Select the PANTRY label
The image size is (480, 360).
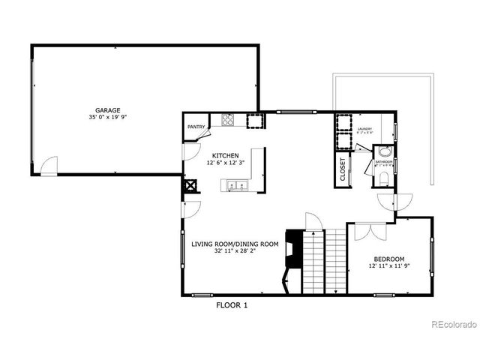196,127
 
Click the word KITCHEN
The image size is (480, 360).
226,155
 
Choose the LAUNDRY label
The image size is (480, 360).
365,129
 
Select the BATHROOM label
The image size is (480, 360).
384,161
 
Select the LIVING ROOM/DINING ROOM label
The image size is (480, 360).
235,244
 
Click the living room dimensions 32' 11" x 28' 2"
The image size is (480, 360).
235,251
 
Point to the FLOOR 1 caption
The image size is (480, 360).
231,305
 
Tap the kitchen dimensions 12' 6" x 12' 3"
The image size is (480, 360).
226,163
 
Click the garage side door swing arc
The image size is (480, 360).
49,165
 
